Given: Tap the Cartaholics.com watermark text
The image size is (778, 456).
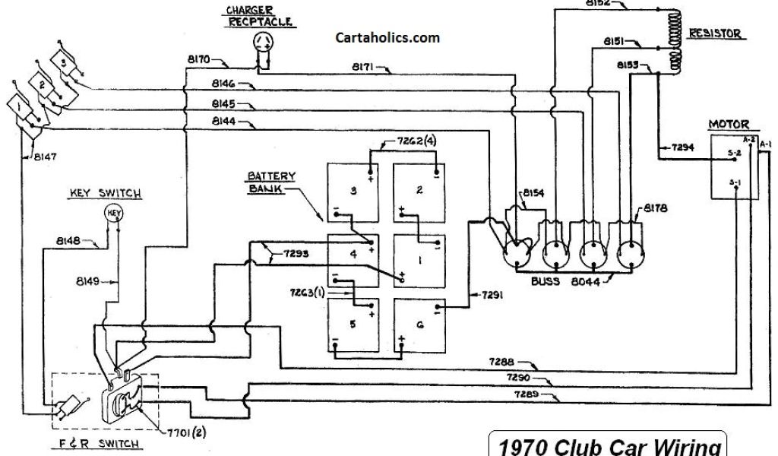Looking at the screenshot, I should click(x=387, y=36).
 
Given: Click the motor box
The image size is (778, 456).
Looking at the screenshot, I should click(x=735, y=167).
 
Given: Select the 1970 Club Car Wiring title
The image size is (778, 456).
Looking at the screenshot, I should click(x=606, y=445).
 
